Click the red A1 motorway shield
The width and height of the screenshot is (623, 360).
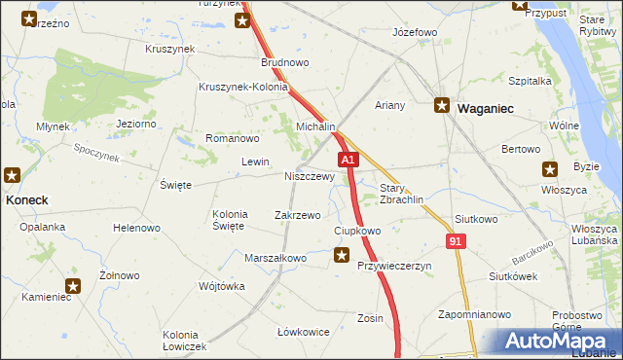pyautogui.click(x=349, y=159)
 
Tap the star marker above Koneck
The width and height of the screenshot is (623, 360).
pyautogui.click(x=12, y=175)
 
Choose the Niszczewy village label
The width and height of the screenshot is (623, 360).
pyautogui.click(x=310, y=177)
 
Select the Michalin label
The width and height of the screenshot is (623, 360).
pyautogui.click(x=315, y=127)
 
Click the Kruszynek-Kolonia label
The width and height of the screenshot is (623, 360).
pyautogui.click(x=242, y=87)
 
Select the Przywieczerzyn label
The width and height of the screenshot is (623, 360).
pyautogui.click(x=394, y=266)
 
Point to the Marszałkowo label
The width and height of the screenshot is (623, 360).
pyautogui.click(x=275, y=258)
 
